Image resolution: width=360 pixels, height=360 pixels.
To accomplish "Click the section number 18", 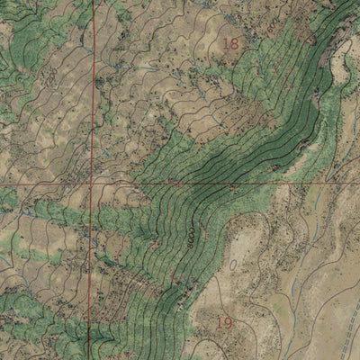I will [x=231, y=42].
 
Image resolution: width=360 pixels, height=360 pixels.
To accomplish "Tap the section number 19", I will [x=225, y=321].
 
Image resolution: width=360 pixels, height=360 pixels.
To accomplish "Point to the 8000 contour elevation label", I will [x=192, y=236].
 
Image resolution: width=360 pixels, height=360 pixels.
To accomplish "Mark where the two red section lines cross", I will [x=91, y=184].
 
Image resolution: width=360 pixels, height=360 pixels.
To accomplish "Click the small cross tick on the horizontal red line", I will [x=234, y=187].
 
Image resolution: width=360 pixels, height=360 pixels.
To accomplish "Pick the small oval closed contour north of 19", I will [x=236, y=267].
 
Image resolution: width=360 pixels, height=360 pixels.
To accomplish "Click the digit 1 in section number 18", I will [x=226, y=42].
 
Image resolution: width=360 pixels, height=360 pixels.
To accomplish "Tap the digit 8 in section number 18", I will [x=236, y=42].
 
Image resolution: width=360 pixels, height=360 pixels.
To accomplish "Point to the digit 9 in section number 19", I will [x=229, y=321].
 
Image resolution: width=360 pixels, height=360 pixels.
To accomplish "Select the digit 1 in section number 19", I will [x=220, y=321].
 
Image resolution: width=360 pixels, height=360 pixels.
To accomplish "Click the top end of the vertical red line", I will [x=93, y=2].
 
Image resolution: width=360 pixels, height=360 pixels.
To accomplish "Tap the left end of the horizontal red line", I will [x=2, y=184].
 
